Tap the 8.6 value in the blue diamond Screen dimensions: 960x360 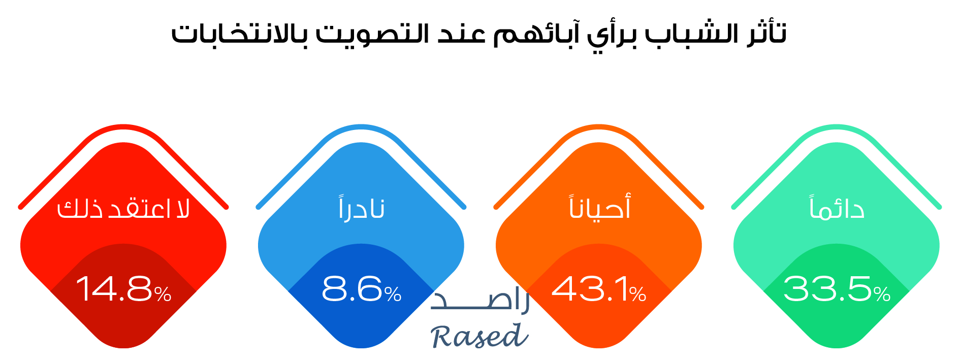click(x=352, y=289)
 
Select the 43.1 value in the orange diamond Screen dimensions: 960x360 click(x=590, y=289)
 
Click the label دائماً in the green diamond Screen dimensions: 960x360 click(x=837, y=207)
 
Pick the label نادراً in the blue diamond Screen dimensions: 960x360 click(x=361, y=207)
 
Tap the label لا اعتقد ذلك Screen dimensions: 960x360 click(x=123, y=208)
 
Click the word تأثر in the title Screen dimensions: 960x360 click(x=766, y=34)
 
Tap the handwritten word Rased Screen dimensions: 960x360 click(x=479, y=336)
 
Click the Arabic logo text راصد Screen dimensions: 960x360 click(x=480, y=300)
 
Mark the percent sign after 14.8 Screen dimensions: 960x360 click(x=163, y=294)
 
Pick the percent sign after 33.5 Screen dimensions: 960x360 click(x=882, y=294)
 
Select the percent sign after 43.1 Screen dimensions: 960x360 click(x=638, y=294)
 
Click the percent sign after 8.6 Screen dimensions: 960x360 click(x=393, y=294)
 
